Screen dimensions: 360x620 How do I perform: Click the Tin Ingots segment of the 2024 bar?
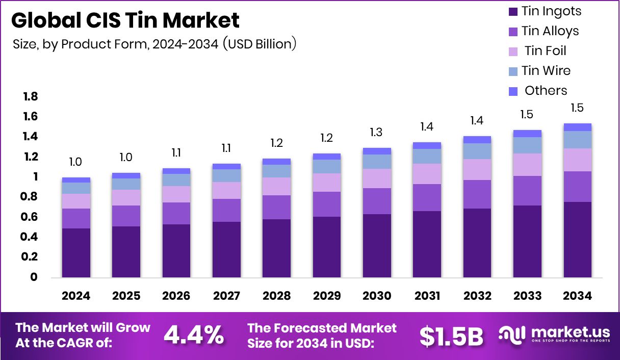point(76,252)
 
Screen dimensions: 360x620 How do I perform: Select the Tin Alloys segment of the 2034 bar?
point(577,187)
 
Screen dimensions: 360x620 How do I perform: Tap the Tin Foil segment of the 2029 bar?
point(326,183)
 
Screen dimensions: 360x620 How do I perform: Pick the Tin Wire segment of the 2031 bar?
point(427,156)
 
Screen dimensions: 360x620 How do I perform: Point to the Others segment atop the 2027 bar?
point(226,166)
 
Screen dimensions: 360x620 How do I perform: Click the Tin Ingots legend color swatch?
point(513,12)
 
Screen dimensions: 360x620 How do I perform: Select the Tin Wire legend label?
point(546,71)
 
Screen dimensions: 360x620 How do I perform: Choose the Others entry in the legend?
point(546,91)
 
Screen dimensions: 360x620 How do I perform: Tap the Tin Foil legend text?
point(545,51)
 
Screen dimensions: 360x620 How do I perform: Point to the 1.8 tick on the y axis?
point(30,97)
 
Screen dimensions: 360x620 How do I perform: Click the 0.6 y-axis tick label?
point(30,217)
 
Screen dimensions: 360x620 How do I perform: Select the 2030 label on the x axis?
point(377,296)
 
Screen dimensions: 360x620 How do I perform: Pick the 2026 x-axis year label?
point(176,296)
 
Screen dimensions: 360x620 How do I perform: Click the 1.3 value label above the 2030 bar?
point(377,132)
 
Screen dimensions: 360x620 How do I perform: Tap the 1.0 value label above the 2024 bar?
point(76,162)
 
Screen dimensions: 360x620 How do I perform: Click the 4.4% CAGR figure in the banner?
point(194,335)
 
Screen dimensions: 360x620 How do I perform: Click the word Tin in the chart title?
point(148,20)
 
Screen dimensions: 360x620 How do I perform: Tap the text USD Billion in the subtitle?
point(260,44)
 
